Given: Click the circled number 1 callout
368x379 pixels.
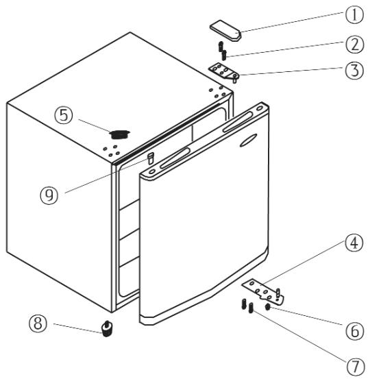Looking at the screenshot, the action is coord(354,14).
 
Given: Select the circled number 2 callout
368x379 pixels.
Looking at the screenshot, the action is coord(354,45).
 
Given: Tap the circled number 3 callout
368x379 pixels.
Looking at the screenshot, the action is coord(354,71).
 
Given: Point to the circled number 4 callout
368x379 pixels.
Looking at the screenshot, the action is coord(354,243).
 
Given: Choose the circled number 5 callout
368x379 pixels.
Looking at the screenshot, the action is coord(64,116).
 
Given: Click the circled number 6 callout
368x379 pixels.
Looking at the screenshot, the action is coord(354,330).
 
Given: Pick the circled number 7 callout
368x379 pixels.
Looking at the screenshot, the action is coord(355,366).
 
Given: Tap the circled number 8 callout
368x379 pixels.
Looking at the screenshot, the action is coord(38,323).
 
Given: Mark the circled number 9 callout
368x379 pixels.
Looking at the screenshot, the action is coord(49,195).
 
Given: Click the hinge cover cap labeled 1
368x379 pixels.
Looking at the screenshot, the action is coord(225,31).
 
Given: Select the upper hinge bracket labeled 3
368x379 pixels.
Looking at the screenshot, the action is coord(224,72).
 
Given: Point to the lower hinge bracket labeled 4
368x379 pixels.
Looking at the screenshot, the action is coord(263,292).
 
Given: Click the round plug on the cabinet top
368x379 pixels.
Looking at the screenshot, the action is coord(119,134).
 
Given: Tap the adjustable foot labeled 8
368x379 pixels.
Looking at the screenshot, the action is coord(106,328).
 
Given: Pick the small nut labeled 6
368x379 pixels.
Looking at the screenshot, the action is coord(267,307).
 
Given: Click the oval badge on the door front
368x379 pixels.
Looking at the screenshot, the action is coord(249,140).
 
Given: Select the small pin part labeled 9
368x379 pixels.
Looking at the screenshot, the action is coord(151,158).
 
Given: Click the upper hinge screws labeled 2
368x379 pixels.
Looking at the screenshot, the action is coord(222,51).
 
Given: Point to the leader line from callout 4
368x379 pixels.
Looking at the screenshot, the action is coord(304,263).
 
